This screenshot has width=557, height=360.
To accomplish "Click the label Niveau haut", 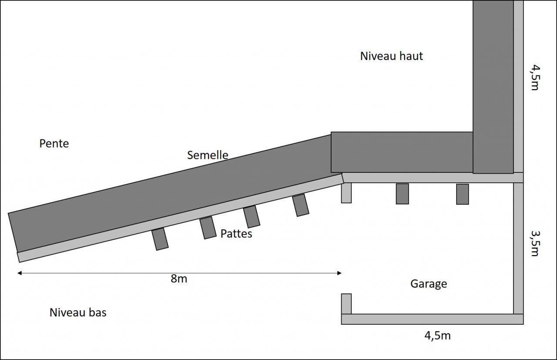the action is tap(391, 56).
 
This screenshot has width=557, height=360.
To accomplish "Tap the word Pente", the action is tap(54, 143).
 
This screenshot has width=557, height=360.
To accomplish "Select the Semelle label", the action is tap(208, 155).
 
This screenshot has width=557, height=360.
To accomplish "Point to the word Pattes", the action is tap(236, 234).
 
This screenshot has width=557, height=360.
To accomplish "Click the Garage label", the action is tap(429, 284).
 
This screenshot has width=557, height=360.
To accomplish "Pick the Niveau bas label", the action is tap(78, 313).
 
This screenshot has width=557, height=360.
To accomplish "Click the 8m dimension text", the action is tap(179, 279).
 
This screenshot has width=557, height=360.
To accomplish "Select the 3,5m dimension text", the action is tap(535, 243).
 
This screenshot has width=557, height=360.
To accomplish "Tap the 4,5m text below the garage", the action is tap(437, 336).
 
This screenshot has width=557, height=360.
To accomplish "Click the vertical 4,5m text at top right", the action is tap(535, 77).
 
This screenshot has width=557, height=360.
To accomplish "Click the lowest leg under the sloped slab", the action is tap(160, 239).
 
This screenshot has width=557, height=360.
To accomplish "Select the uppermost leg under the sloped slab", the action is tap(301, 205).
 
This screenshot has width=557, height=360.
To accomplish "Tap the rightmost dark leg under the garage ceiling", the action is tap(462, 194).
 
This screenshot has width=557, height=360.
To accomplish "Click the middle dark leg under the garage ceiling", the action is tap(402, 194).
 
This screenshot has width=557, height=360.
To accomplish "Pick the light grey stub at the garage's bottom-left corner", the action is tap(346, 304).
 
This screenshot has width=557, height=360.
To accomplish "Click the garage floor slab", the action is tap(432, 319).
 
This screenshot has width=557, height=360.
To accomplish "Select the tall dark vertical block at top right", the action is tap(493, 87).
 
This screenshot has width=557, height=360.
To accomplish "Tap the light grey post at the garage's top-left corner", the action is tap(346, 193).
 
